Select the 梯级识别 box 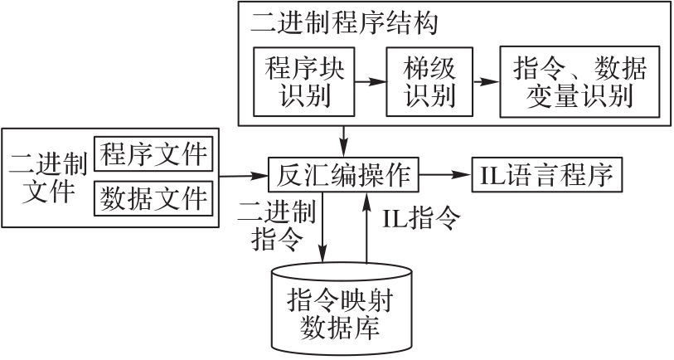pos(429,82)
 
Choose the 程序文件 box pos(154,155)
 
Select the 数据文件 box pos(154,197)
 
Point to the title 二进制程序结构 pos(344,22)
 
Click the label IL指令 pos(420,218)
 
